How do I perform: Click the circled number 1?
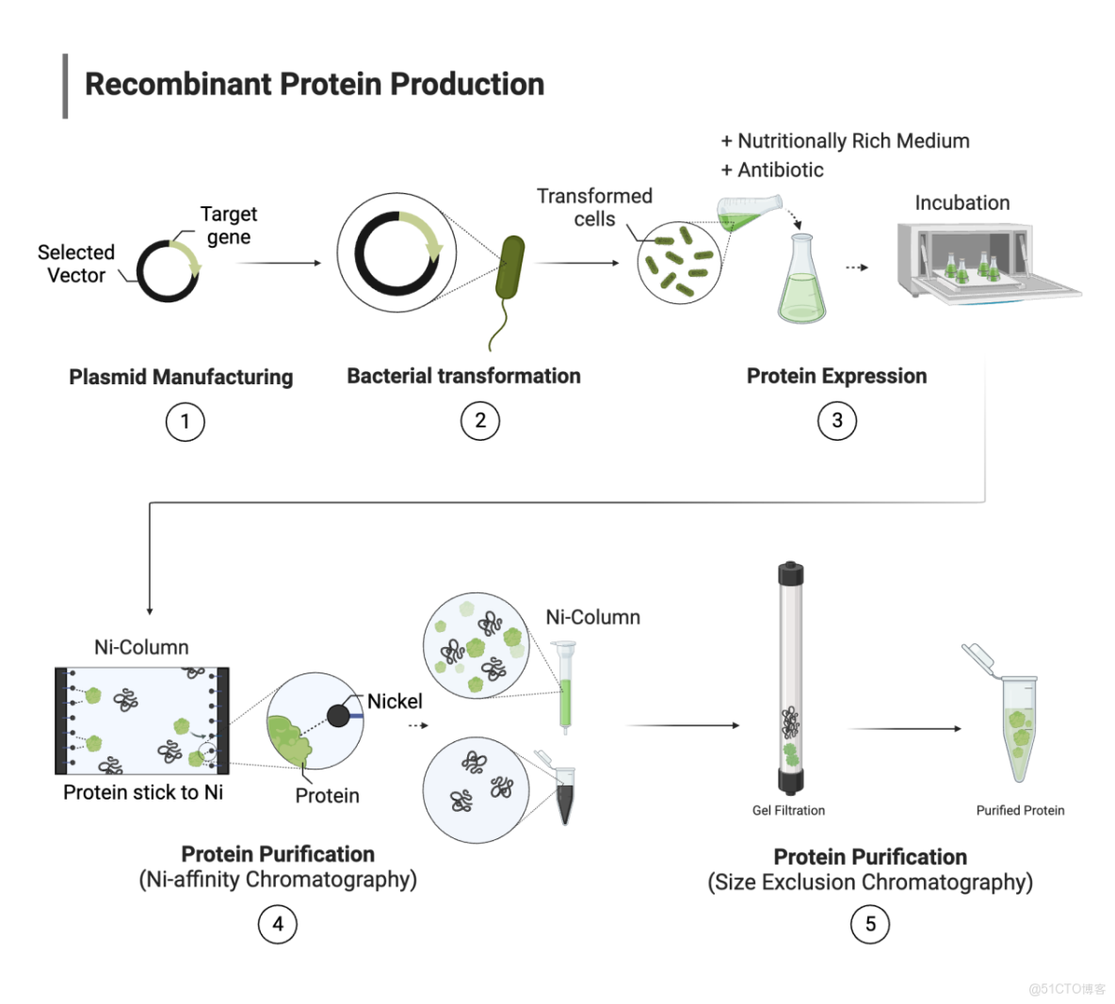point(185,421)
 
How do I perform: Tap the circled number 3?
point(836,420)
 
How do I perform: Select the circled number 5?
point(869,923)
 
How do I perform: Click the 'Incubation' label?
point(961,202)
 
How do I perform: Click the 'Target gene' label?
point(229,225)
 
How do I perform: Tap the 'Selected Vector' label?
point(76,264)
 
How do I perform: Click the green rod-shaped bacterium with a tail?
point(510,268)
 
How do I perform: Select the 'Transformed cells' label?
point(594,207)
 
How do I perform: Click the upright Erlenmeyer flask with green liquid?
point(801,283)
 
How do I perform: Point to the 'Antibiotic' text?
point(780,170)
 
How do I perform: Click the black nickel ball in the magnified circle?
point(338,716)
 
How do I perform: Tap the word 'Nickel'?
point(395,701)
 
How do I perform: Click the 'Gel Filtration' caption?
point(788,810)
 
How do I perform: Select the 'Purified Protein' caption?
point(1020,810)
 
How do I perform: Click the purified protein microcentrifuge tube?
point(1018,727)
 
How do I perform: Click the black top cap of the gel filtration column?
point(790,572)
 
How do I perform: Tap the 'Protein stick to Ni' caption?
point(143,792)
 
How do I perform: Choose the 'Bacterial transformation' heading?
point(463,376)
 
